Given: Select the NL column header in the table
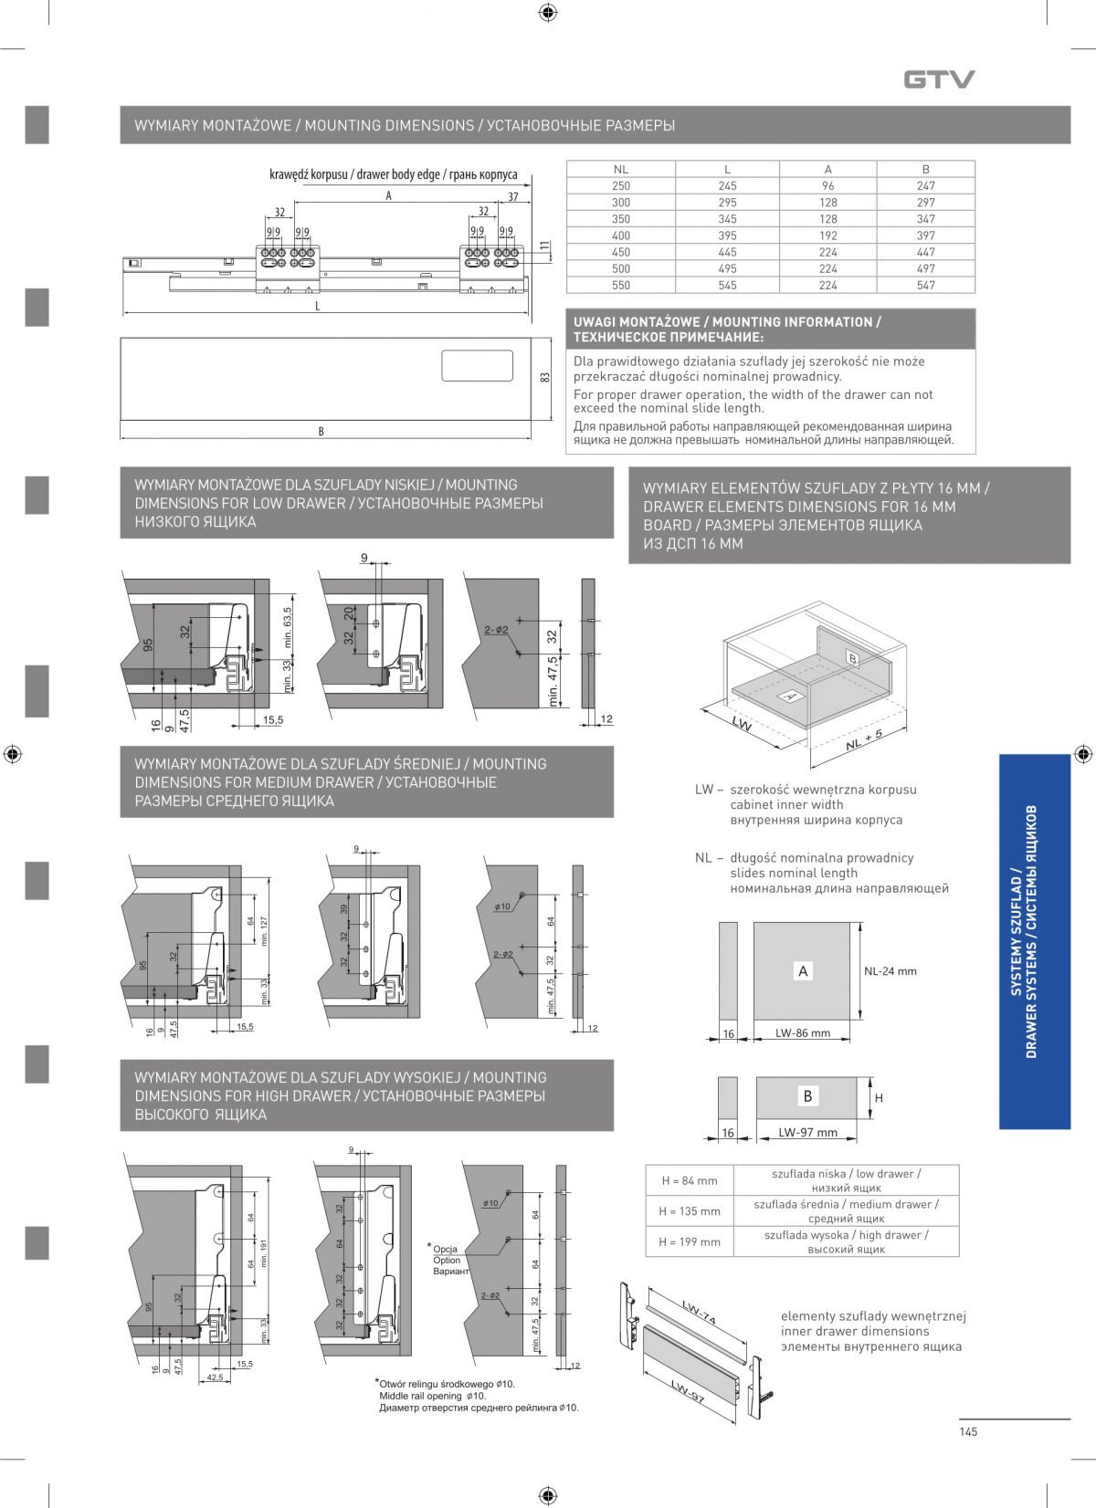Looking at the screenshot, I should pyautogui.click(x=621, y=169).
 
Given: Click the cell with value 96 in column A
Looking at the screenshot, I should pyautogui.click(x=827, y=185).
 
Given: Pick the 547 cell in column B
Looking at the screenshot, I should pyautogui.click(x=925, y=285).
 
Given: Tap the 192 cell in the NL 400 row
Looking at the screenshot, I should pyautogui.click(x=827, y=236).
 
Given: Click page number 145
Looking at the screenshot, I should pyautogui.click(x=968, y=1431).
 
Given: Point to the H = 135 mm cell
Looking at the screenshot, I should pyautogui.click(x=689, y=1211).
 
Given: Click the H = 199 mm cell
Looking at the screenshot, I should pyautogui.click(x=689, y=1241).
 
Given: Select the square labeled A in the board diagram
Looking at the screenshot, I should pyautogui.click(x=803, y=971).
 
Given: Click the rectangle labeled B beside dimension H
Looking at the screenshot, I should pyautogui.click(x=807, y=1096).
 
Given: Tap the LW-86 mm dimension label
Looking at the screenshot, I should pyautogui.click(x=803, y=1033).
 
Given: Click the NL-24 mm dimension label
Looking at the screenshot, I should pyautogui.click(x=890, y=971).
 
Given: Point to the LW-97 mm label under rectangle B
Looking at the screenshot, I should pyautogui.click(x=807, y=1133).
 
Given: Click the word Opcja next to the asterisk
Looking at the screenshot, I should pyautogui.click(x=446, y=1249).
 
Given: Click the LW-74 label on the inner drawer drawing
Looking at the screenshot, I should pyautogui.click(x=698, y=1314).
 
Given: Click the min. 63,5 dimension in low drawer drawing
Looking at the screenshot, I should pyautogui.click(x=288, y=627).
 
